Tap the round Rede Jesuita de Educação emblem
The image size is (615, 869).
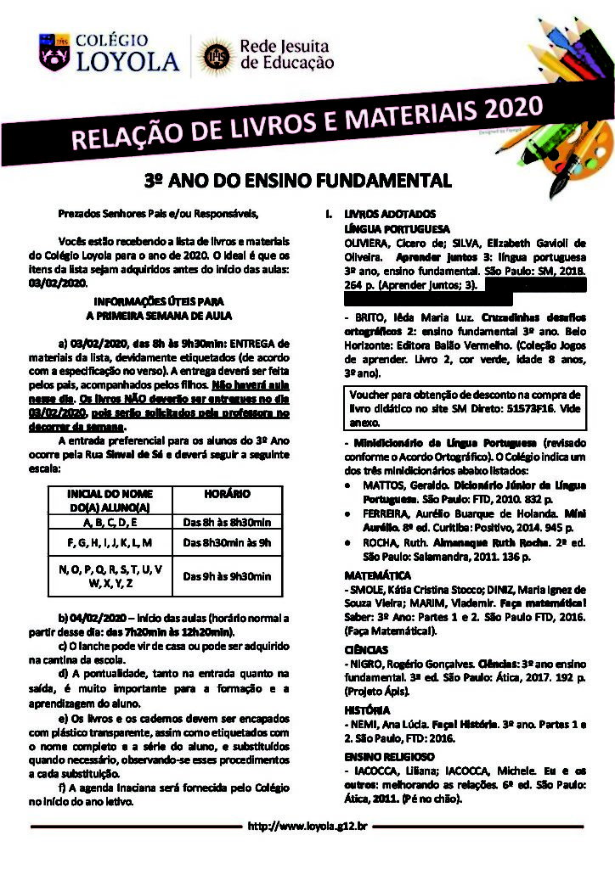[x=212, y=56]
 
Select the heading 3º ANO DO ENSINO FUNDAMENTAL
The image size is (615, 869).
[x=296, y=181]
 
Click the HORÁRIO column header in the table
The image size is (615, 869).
[x=228, y=494]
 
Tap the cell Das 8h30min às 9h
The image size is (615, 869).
[x=228, y=542]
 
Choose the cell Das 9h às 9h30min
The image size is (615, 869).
[x=228, y=577]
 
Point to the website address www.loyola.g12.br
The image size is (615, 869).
[x=307, y=825]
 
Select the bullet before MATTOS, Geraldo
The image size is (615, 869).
[x=351, y=484]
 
